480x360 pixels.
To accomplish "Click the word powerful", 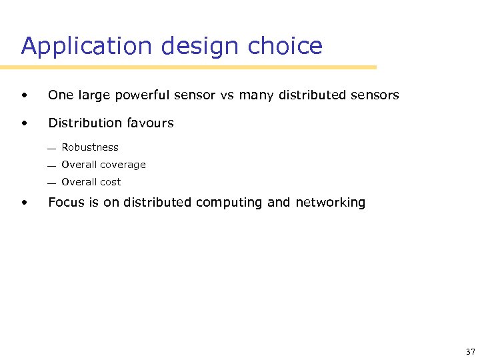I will (138, 95).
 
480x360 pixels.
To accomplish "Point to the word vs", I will (227, 95).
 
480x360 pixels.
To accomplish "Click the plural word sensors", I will (375, 95).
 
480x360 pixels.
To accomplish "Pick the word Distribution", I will (82, 123).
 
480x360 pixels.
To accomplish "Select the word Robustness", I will (90, 147).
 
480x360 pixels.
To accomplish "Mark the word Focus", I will (66, 203).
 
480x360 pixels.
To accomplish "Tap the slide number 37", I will (469, 351).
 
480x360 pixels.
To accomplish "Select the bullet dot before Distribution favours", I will (25, 123).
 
